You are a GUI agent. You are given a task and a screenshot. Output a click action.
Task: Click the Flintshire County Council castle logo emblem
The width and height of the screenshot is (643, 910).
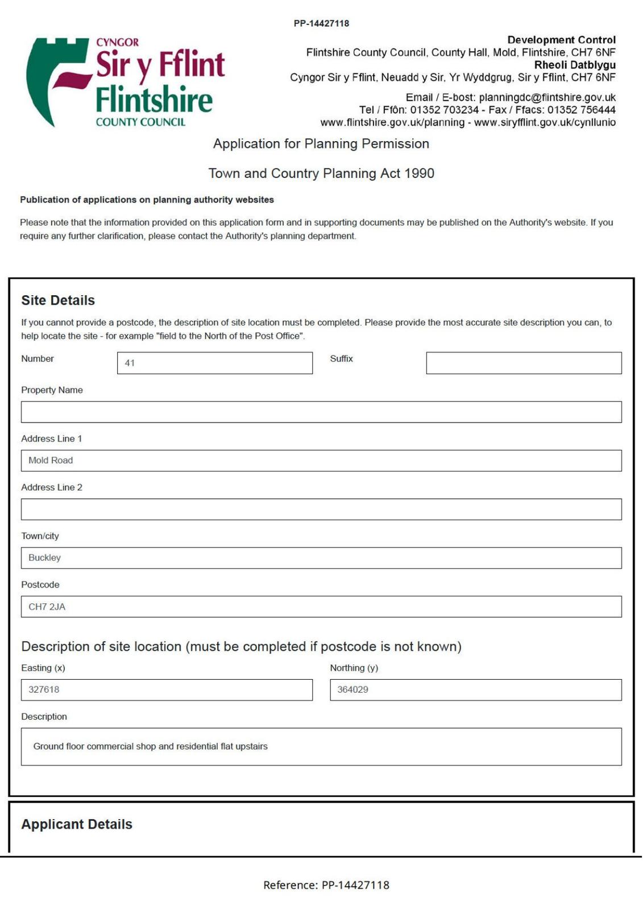tap(57, 80)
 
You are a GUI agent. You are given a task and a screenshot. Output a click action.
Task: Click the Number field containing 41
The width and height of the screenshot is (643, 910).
tap(214, 363)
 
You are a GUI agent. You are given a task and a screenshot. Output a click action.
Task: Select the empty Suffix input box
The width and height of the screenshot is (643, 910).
tap(523, 363)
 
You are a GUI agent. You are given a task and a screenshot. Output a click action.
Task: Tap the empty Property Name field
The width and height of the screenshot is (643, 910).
tap(321, 412)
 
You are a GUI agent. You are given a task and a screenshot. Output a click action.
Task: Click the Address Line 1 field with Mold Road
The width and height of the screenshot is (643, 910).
tap(321, 461)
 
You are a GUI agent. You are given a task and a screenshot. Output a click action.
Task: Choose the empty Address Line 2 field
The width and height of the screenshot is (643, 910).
tap(321, 509)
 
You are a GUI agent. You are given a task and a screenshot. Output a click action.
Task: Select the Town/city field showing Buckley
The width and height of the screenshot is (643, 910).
tap(321, 558)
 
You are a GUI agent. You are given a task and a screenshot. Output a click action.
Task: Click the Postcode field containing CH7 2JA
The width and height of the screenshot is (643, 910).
tap(321, 607)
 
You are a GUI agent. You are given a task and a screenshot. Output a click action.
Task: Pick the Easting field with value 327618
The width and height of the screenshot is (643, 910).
tap(167, 690)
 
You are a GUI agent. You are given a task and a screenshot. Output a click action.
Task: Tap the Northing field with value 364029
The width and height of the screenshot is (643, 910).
tap(475, 690)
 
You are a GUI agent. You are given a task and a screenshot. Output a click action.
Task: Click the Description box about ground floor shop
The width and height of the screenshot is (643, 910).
tap(321, 747)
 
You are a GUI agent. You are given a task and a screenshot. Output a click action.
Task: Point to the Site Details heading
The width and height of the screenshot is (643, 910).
tap(58, 300)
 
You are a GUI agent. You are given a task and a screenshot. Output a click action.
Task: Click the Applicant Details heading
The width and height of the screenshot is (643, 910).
tap(77, 824)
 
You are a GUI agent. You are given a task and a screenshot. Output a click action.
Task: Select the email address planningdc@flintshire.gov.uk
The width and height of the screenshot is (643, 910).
tap(547, 97)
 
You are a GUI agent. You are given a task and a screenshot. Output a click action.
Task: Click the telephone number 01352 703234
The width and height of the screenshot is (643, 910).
tap(445, 110)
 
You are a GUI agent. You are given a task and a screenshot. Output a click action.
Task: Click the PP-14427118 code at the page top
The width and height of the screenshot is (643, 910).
tap(321, 23)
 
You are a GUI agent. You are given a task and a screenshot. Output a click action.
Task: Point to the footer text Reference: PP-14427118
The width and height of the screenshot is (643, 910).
tap(326, 885)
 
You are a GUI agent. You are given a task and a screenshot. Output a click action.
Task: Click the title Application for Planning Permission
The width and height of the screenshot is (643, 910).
tap(321, 144)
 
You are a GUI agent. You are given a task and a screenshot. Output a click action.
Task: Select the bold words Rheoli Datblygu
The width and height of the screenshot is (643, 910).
tap(574, 65)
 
